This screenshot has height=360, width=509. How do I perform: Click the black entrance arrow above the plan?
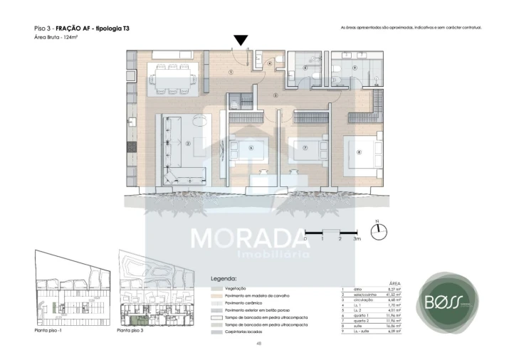tap(242, 41)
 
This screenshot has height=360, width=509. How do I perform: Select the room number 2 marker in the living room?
tap(187, 143)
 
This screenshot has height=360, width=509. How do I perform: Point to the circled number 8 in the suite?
tap(359, 151)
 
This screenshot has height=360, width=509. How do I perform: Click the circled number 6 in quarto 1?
tap(251, 148)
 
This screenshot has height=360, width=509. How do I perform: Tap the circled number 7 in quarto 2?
tap(305, 148)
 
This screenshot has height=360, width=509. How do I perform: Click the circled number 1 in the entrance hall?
tap(231, 72)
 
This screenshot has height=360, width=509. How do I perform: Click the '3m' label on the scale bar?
tap(357, 239)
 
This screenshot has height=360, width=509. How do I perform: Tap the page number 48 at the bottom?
tap(258, 344)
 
